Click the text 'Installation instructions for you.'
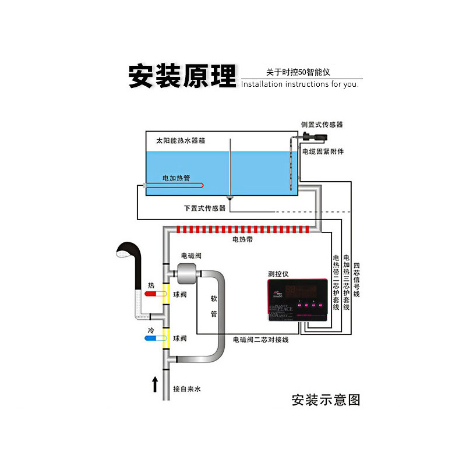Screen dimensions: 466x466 300,84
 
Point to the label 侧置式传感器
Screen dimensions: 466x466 322,124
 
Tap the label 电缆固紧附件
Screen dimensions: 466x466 323,151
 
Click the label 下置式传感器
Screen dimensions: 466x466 204,207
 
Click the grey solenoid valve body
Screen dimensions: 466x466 186,271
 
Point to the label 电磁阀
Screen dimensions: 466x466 191,255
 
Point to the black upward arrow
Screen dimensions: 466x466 155,384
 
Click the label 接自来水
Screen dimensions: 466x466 188,389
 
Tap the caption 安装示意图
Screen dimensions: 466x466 326,400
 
